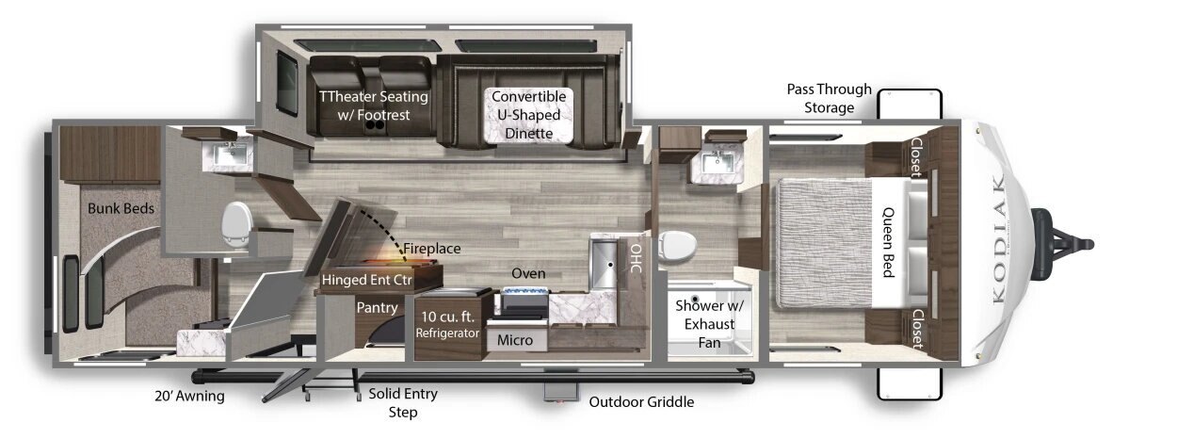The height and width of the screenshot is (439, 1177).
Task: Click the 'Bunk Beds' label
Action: pyautogui.click(x=121, y=209)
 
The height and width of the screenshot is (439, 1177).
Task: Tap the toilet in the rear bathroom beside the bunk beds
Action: pyautogui.click(x=236, y=225)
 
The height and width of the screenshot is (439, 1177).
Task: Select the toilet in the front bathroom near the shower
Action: pyautogui.click(x=677, y=246)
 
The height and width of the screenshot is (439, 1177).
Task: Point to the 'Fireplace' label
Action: pyautogui.click(x=432, y=248)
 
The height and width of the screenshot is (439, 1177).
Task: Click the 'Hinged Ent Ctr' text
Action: pyautogui.click(x=367, y=280)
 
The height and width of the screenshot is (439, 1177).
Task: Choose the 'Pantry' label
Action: pyautogui.click(x=377, y=307)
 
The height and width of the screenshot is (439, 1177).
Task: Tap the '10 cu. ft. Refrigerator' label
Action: pyautogui.click(x=447, y=324)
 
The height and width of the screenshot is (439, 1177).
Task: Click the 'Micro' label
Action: pyautogui.click(x=515, y=341)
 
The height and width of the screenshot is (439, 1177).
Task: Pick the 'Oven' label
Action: pyautogui.click(x=528, y=273)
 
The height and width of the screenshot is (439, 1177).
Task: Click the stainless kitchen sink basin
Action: pyautogui.click(x=604, y=263)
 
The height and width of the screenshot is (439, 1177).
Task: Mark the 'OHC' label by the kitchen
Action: pyautogui.click(x=636, y=258)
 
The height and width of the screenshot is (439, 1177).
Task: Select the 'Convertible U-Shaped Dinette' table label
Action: pyautogui.click(x=528, y=115)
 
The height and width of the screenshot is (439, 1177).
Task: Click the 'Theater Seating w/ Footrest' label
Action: pyautogui.click(x=374, y=106)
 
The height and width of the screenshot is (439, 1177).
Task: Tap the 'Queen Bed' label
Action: pyautogui.click(x=889, y=242)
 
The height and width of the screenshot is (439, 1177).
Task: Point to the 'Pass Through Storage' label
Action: pyautogui.click(x=830, y=98)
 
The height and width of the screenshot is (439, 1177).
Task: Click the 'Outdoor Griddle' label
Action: pyautogui.click(x=641, y=402)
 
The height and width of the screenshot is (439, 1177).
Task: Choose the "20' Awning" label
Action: pyautogui.click(x=189, y=396)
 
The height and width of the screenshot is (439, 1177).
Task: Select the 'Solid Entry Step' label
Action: pyautogui.click(x=403, y=402)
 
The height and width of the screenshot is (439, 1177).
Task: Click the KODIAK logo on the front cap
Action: pyautogui.click(x=999, y=239)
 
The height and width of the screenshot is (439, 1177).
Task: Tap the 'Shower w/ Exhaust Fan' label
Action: pyautogui.click(x=709, y=324)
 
